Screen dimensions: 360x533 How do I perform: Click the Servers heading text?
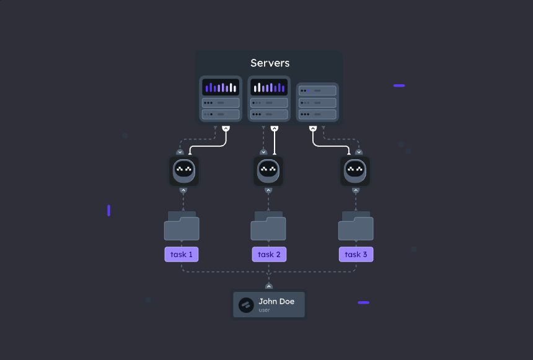270,63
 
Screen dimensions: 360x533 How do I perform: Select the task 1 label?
182,254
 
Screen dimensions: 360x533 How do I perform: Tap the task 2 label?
269,254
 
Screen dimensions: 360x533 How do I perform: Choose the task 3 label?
356,254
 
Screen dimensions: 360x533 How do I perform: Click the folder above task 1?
182,226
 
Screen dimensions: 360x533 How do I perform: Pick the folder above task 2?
268,226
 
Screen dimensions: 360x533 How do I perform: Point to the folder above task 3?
356,226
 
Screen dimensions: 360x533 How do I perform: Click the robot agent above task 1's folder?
184,170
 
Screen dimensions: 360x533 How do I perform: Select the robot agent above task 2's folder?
268,170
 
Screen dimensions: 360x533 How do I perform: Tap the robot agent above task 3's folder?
355,170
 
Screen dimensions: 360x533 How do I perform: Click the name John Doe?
276,301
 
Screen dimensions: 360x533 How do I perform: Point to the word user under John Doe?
265,310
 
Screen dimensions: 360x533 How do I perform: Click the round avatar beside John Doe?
247,305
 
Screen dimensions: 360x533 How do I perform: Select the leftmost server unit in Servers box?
221,99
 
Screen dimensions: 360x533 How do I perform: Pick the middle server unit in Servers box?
269,99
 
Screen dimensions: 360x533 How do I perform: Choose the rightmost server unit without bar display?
317,102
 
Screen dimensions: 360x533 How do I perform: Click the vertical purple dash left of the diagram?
108,211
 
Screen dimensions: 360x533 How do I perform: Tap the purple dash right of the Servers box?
399,86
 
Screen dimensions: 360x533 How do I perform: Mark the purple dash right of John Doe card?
364,302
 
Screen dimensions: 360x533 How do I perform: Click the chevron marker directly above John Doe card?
269,286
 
